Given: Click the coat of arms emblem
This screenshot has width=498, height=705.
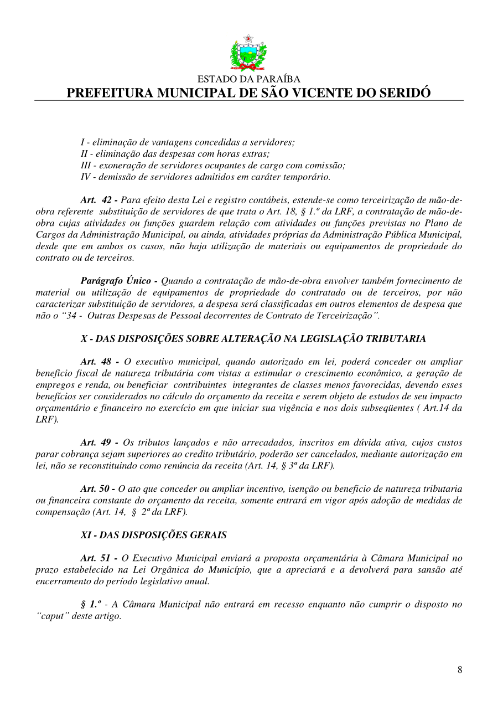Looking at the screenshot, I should click(248, 53).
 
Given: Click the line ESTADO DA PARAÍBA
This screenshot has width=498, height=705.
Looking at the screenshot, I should click(248, 79).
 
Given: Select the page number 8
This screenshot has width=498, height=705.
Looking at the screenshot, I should click(460, 670).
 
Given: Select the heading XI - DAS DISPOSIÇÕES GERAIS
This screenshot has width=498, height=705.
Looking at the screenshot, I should click(153, 535).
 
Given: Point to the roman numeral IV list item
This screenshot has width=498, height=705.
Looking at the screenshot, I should click(86, 177).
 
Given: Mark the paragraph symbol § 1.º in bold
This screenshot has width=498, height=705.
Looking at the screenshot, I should click(91, 605).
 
